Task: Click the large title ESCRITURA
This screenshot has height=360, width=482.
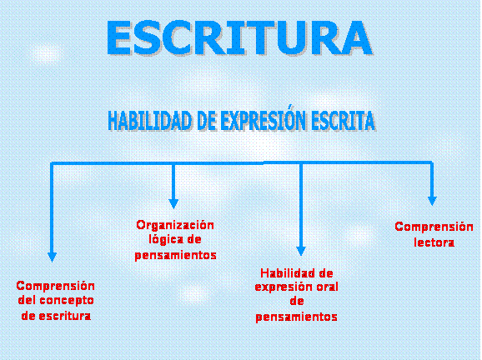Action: pos(239,37)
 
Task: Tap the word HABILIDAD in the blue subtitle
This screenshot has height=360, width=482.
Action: pos(149,121)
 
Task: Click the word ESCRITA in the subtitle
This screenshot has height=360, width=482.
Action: pos(343,121)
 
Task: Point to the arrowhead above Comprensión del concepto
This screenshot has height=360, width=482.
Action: pos(53,257)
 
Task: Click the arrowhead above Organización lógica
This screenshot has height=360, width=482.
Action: pos(173,203)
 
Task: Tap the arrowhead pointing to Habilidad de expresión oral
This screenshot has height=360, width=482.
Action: pos(301,251)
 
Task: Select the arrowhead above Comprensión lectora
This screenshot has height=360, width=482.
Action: pos(432,201)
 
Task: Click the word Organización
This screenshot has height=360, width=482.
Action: pos(175,225)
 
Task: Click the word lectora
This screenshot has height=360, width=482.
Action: pos(434,242)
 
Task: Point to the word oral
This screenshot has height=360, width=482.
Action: pos(326,287)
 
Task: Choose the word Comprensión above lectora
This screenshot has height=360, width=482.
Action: pos(434,227)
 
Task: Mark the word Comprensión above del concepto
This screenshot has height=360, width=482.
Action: pos(55,286)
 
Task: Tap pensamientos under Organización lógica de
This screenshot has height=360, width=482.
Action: pos(175,255)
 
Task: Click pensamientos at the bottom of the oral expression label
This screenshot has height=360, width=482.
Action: pos(296,317)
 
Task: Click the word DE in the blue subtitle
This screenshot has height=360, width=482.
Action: pos(206,121)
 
